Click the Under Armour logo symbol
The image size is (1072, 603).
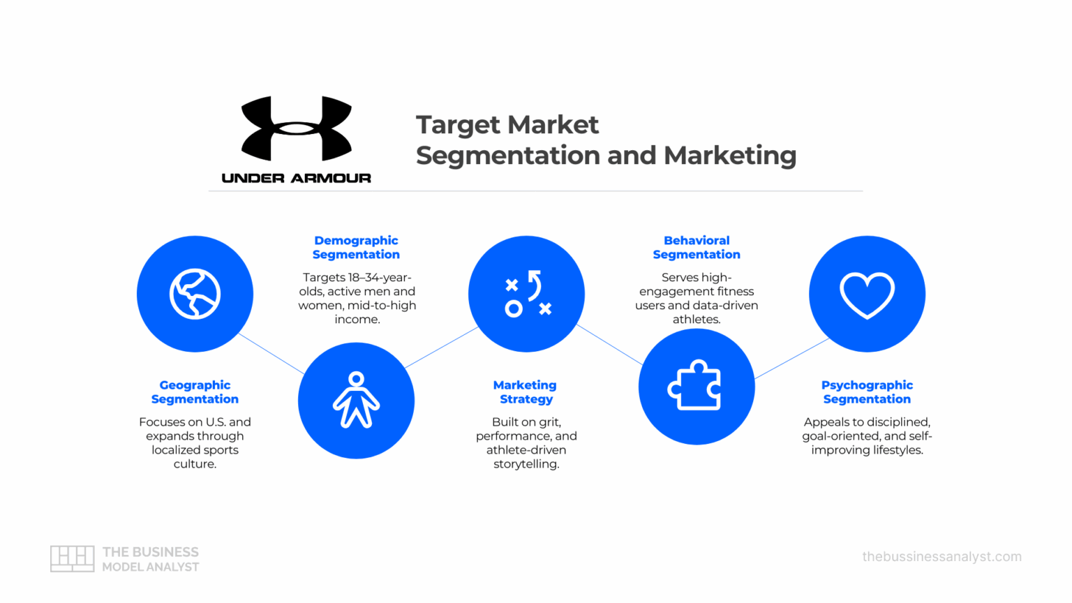pyautogui.click(x=296, y=129)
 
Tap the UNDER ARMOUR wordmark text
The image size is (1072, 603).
pyautogui.click(x=296, y=178)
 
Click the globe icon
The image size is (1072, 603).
pyautogui.click(x=195, y=294)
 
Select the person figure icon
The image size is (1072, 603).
pyautogui.click(x=356, y=400)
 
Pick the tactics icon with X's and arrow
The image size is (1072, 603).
pyautogui.click(x=527, y=294)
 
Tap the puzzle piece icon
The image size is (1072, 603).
pyautogui.click(x=696, y=386)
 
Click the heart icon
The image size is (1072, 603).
pyautogui.click(x=867, y=295)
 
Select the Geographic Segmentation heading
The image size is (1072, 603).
pyautogui.click(x=195, y=392)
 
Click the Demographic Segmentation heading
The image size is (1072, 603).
pyautogui.click(x=356, y=248)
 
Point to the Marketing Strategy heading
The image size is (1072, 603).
pyautogui.click(x=526, y=392)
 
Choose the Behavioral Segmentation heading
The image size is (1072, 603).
pyautogui.click(x=697, y=248)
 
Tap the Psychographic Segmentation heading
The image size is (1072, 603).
pyautogui.click(x=867, y=392)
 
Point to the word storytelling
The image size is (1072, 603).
pyautogui.click(x=526, y=464)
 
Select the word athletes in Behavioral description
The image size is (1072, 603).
pyautogui.click(x=696, y=320)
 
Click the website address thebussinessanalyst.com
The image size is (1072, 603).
pyautogui.click(x=941, y=557)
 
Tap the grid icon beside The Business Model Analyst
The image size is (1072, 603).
pyautogui.click(x=72, y=558)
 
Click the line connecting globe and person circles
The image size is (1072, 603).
pyautogui.click(x=271, y=354)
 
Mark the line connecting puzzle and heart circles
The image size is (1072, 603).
pyautogui.click(x=791, y=359)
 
